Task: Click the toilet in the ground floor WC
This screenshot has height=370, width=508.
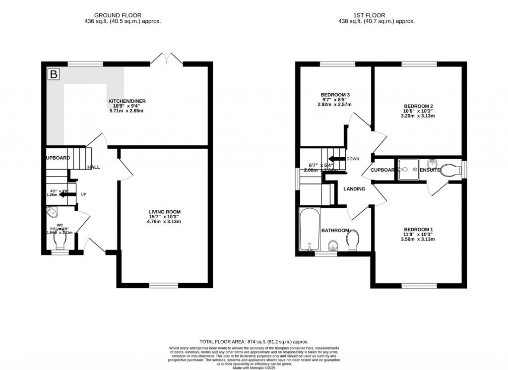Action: point(60,241)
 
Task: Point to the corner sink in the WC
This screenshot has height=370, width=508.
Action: point(52,213)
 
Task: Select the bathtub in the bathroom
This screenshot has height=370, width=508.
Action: point(309,230)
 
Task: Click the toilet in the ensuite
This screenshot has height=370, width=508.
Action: point(450,170)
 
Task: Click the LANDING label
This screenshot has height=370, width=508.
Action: point(355,189)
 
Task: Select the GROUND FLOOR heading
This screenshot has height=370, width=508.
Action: point(123,15)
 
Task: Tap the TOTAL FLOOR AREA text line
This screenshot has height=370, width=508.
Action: point(254,342)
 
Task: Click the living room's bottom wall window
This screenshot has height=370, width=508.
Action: point(164,285)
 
